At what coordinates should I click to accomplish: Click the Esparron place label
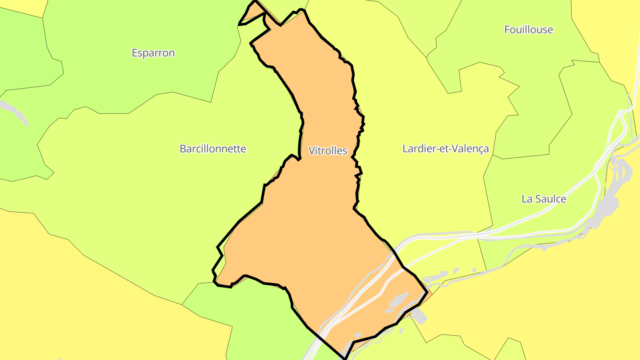153,53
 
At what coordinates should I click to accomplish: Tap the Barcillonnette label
212,148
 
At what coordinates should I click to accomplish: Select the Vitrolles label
328,151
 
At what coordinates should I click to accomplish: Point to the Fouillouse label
528,30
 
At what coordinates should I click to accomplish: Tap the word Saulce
550,199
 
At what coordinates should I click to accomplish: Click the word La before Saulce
527,199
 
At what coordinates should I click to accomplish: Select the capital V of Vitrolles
312,151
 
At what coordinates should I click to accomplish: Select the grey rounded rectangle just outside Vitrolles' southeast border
420,316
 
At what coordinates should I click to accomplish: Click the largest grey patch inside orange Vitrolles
399,300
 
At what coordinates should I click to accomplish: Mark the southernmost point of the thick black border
344,358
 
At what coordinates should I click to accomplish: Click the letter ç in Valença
480,149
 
